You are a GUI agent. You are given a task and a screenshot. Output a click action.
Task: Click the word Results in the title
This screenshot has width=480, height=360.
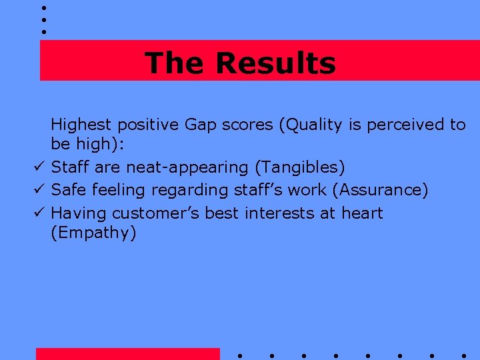(275, 63)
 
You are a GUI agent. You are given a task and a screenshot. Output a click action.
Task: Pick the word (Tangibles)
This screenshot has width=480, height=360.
(300, 167)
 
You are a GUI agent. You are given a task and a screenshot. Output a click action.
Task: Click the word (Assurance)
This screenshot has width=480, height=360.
(383, 190)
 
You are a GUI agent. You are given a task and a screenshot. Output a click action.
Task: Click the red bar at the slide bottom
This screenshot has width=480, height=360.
(127, 353)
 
